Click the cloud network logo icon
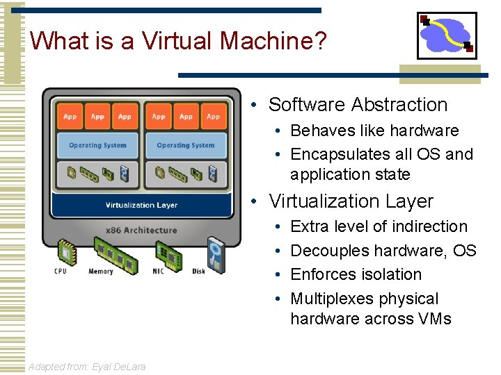point(447,35)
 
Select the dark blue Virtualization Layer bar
point(141,205)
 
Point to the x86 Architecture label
point(141,230)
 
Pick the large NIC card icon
point(169,252)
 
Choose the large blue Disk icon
point(216,252)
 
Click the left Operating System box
point(97,145)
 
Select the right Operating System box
point(186,145)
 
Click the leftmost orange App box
point(70,117)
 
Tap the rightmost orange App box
point(213,117)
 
